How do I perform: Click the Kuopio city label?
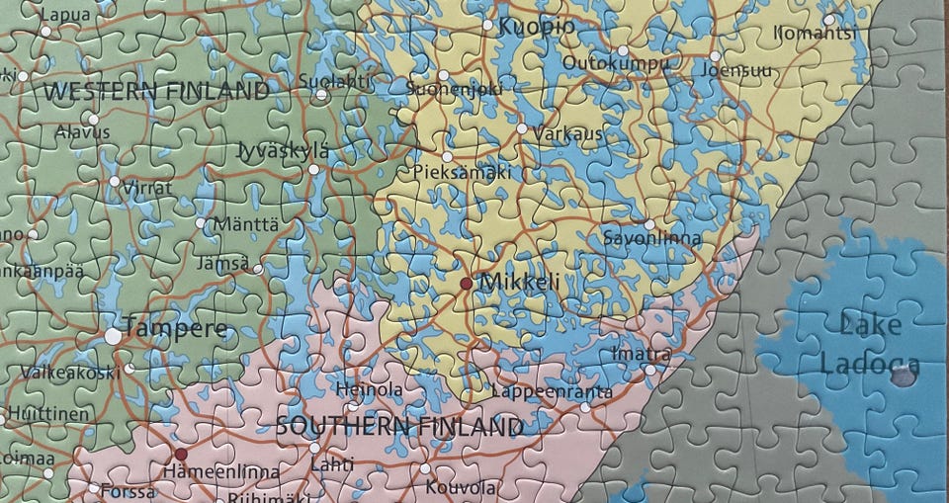[535, 28]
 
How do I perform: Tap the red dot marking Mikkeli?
[466, 284]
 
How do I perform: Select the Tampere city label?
[176, 330]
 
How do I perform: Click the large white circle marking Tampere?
[114, 336]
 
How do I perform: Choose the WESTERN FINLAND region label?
[156, 92]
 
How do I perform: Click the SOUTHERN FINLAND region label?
[398, 428]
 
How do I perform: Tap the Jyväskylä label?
[284, 151]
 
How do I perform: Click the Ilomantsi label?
[815, 34]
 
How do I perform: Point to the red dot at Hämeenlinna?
[181, 455]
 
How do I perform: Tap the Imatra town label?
[641, 354]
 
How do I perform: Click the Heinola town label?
[369, 390]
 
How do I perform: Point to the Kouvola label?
[461, 487]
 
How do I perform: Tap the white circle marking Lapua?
[45, 32]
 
